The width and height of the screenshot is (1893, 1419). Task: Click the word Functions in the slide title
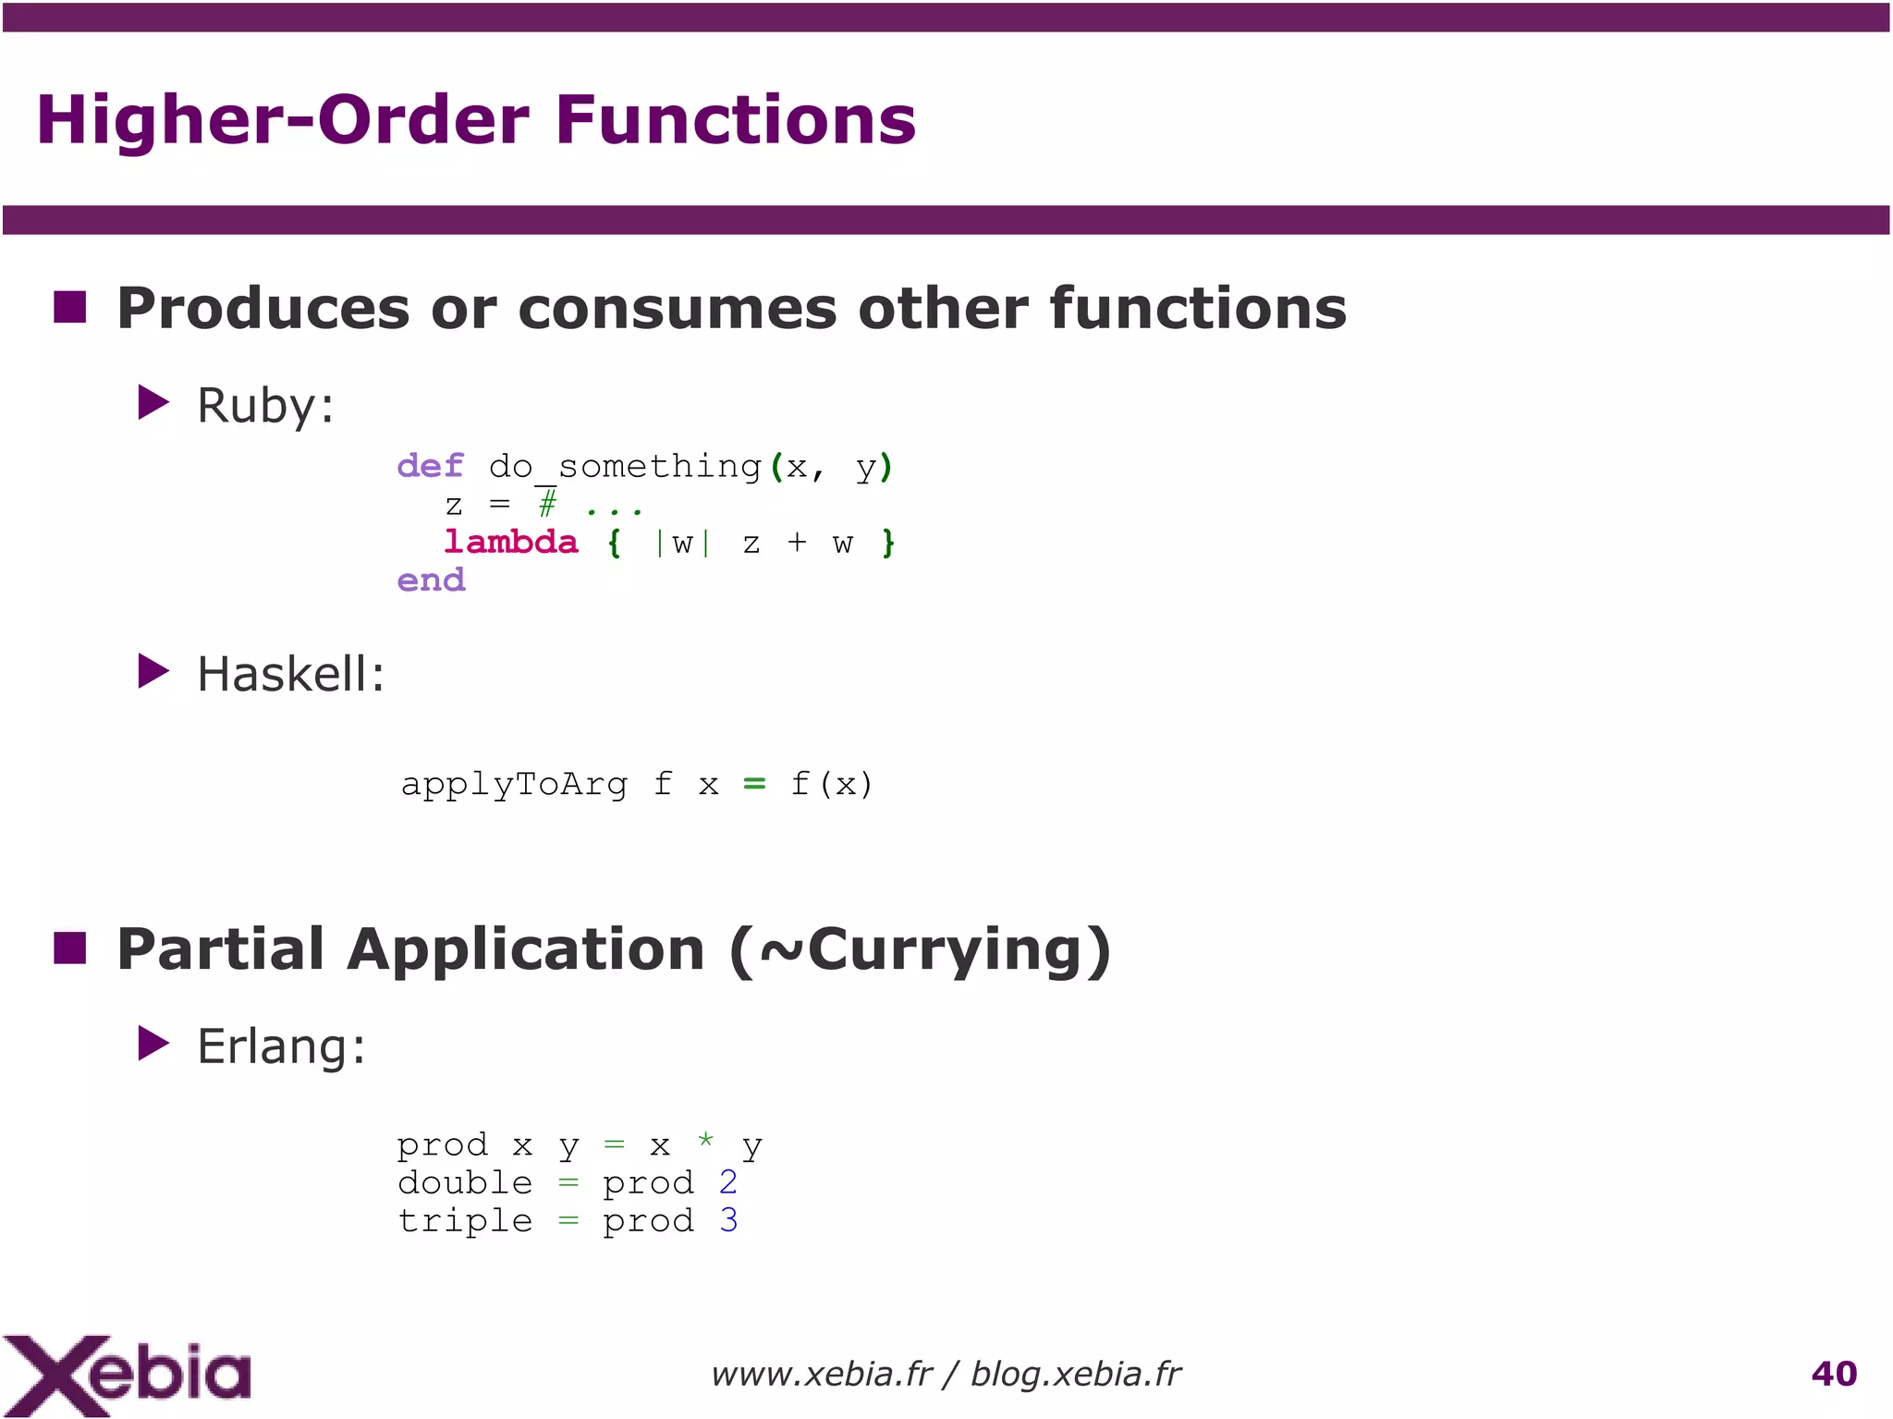(735, 120)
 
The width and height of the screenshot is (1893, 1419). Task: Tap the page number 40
(1834, 1374)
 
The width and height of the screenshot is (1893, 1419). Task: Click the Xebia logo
(127, 1375)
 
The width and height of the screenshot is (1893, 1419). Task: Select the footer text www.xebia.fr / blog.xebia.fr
(946, 1375)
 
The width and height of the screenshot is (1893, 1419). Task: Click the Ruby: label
(265, 406)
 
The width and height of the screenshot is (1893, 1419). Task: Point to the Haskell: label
(290, 674)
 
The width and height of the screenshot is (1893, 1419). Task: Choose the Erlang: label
(281, 1046)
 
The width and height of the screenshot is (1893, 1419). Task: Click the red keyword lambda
(511, 542)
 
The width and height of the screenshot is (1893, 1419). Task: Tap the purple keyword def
(431, 466)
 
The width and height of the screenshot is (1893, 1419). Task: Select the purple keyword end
(431, 581)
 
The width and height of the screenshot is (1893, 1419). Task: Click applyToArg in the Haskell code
(514, 785)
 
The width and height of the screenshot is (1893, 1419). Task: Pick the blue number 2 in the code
(728, 1182)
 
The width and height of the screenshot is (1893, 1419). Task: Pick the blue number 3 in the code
(728, 1220)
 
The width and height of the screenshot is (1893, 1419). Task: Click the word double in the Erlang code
(465, 1183)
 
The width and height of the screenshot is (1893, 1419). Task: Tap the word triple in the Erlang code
(465, 1221)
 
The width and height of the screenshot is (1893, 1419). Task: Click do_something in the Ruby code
(625, 467)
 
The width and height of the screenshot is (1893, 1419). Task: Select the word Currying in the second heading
(946, 950)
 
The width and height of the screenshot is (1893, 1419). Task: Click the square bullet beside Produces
(70, 307)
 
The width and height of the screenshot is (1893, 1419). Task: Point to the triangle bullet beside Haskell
(153, 672)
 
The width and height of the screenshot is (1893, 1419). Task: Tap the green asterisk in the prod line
(705, 1140)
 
